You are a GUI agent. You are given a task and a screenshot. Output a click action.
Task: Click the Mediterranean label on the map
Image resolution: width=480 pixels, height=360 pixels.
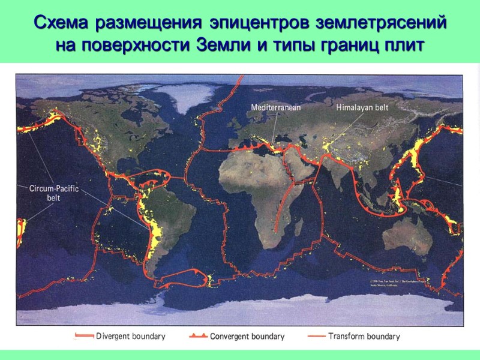pyautogui.click(x=275, y=107)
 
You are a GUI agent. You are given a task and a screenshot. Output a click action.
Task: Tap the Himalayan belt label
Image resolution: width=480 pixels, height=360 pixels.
pyautogui.click(x=362, y=107)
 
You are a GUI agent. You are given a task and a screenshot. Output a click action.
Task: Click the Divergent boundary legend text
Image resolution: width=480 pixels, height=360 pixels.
pyautogui.click(x=131, y=337)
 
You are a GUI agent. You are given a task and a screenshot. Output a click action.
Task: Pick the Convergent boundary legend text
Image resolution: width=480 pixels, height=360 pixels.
pyautogui.click(x=247, y=337)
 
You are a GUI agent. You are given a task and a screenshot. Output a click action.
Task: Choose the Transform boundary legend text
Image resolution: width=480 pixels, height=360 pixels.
pyautogui.click(x=364, y=337)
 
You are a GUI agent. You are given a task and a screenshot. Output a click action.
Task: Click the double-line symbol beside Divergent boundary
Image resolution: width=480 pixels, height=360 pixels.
pyautogui.click(x=83, y=337)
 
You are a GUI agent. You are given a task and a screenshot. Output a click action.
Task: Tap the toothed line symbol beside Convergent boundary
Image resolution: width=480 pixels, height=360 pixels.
pyautogui.click(x=198, y=337)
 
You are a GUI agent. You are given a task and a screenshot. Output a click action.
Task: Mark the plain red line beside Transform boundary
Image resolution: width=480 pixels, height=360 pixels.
pyautogui.click(x=315, y=337)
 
